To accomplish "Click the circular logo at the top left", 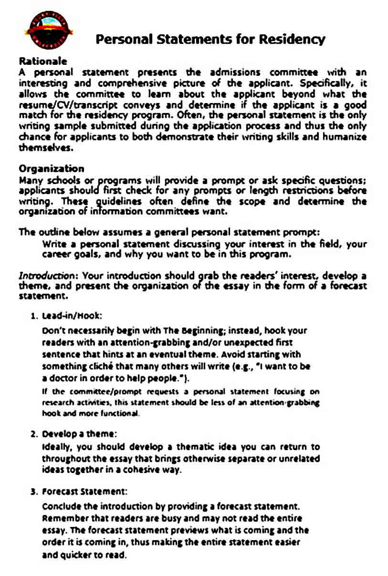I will (x=48, y=30).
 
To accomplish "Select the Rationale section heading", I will (x=42, y=62).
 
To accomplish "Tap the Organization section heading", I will (x=51, y=169).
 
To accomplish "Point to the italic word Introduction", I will (x=45, y=276).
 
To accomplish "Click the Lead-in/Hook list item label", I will (x=72, y=316).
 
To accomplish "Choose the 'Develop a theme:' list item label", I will (x=79, y=434).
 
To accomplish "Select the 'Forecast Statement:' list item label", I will (x=84, y=491).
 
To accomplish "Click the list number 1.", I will (x=33, y=316).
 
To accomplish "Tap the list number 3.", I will (x=33, y=491).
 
